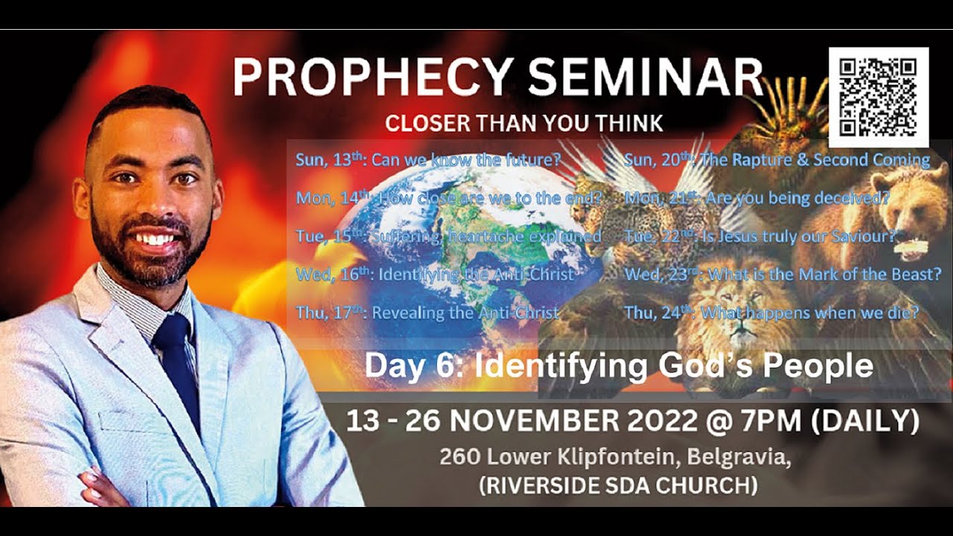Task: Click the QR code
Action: click(x=879, y=97)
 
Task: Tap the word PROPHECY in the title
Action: click(x=372, y=77)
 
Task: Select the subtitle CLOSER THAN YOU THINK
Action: click(x=523, y=123)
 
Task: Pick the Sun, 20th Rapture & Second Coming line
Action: click(x=777, y=159)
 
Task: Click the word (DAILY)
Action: click(x=865, y=421)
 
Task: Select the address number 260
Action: click(x=456, y=456)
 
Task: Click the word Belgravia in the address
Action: click(x=736, y=456)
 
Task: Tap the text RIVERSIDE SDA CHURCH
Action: click(x=619, y=486)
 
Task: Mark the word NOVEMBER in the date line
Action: click(x=530, y=421)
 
